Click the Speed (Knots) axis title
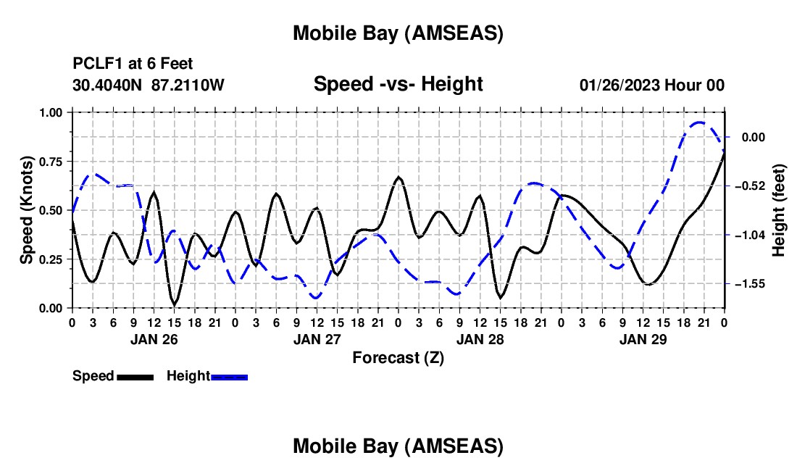click(x=27, y=210)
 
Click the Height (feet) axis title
click(x=779, y=210)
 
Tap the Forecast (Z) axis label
click(x=398, y=357)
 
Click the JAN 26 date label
click(x=153, y=338)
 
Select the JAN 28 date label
click(x=480, y=338)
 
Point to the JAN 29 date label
click(x=643, y=338)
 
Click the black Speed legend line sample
click(x=134, y=377)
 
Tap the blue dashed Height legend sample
click(x=229, y=377)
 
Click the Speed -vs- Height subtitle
click(x=398, y=84)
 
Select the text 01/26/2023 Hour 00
click(x=652, y=86)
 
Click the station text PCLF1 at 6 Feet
click(x=133, y=64)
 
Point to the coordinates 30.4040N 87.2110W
click(x=149, y=86)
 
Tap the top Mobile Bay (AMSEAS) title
click(x=398, y=33)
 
